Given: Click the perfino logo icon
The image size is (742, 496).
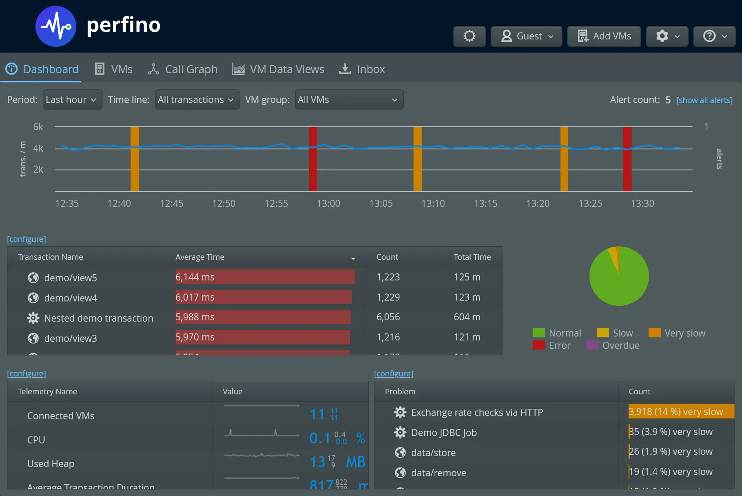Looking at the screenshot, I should [x=56, y=26].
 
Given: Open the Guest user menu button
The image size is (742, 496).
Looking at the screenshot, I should [x=526, y=36].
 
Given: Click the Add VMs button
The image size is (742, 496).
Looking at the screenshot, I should [x=604, y=36].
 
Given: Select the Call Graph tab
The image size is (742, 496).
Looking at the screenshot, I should [x=183, y=69].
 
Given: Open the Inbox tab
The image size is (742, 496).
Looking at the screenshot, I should [x=362, y=69].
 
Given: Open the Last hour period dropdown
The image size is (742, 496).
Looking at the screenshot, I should [x=72, y=100].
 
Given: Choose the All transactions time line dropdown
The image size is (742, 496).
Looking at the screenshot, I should [x=197, y=100].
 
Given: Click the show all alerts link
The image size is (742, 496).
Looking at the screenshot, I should [x=704, y=100].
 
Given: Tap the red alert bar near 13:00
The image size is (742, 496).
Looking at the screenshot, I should [x=313, y=159].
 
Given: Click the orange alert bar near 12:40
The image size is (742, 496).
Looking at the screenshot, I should [x=135, y=159].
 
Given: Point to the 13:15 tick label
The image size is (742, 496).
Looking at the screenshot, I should [x=485, y=204].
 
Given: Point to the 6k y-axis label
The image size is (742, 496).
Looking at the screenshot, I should [x=38, y=127].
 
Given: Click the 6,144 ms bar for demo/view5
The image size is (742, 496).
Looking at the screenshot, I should [x=265, y=277].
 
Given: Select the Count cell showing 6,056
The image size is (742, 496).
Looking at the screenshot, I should [x=388, y=317].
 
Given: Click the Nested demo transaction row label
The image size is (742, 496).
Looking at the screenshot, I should [x=99, y=319].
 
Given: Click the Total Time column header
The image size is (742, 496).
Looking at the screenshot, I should [x=472, y=257].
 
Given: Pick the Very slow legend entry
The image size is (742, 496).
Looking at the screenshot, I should [x=677, y=333].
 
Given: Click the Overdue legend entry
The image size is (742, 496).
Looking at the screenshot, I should [x=613, y=345].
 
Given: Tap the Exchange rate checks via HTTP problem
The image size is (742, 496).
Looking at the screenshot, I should [x=477, y=413].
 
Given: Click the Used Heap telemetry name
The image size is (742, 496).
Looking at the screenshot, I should [x=51, y=464].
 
